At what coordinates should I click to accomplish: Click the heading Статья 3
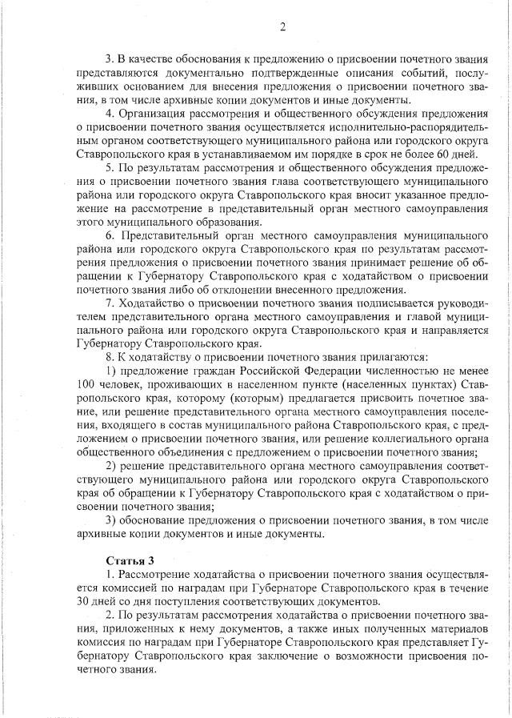(129, 560)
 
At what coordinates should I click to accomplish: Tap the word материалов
(451, 629)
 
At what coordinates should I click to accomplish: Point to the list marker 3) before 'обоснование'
(111, 521)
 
